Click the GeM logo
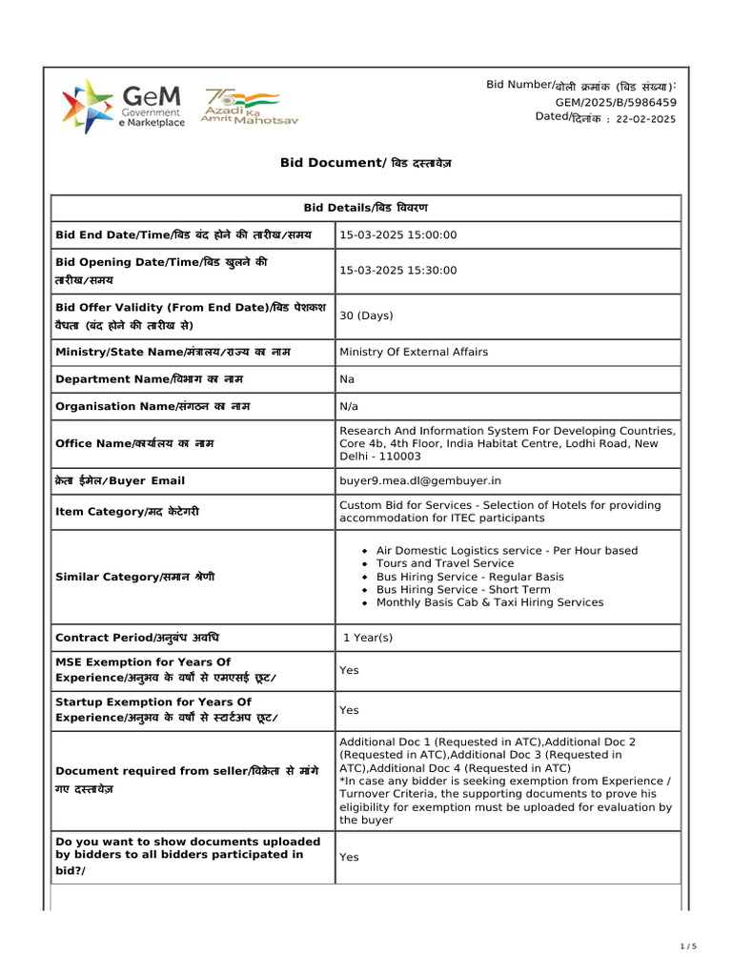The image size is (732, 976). tap(123, 106)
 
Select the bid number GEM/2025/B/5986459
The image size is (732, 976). tap(616, 102)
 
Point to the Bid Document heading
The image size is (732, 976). tap(365, 163)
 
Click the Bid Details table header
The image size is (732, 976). tap(365, 208)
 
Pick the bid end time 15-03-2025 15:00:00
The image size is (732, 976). tap(398, 234)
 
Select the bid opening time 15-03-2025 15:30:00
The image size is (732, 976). tap(398, 271)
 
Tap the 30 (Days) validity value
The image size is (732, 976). tap(366, 315)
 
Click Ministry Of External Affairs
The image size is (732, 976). tap(414, 352)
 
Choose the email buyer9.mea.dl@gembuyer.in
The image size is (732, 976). tap(420, 480)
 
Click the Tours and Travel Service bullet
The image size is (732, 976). tap(444, 563)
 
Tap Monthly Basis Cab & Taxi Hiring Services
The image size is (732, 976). tap(489, 602)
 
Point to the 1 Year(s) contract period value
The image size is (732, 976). tap(368, 638)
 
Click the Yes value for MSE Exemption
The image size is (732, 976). tap(349, 670)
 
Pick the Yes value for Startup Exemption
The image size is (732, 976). tap(349, 710)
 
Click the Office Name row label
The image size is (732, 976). tap(134, 443)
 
